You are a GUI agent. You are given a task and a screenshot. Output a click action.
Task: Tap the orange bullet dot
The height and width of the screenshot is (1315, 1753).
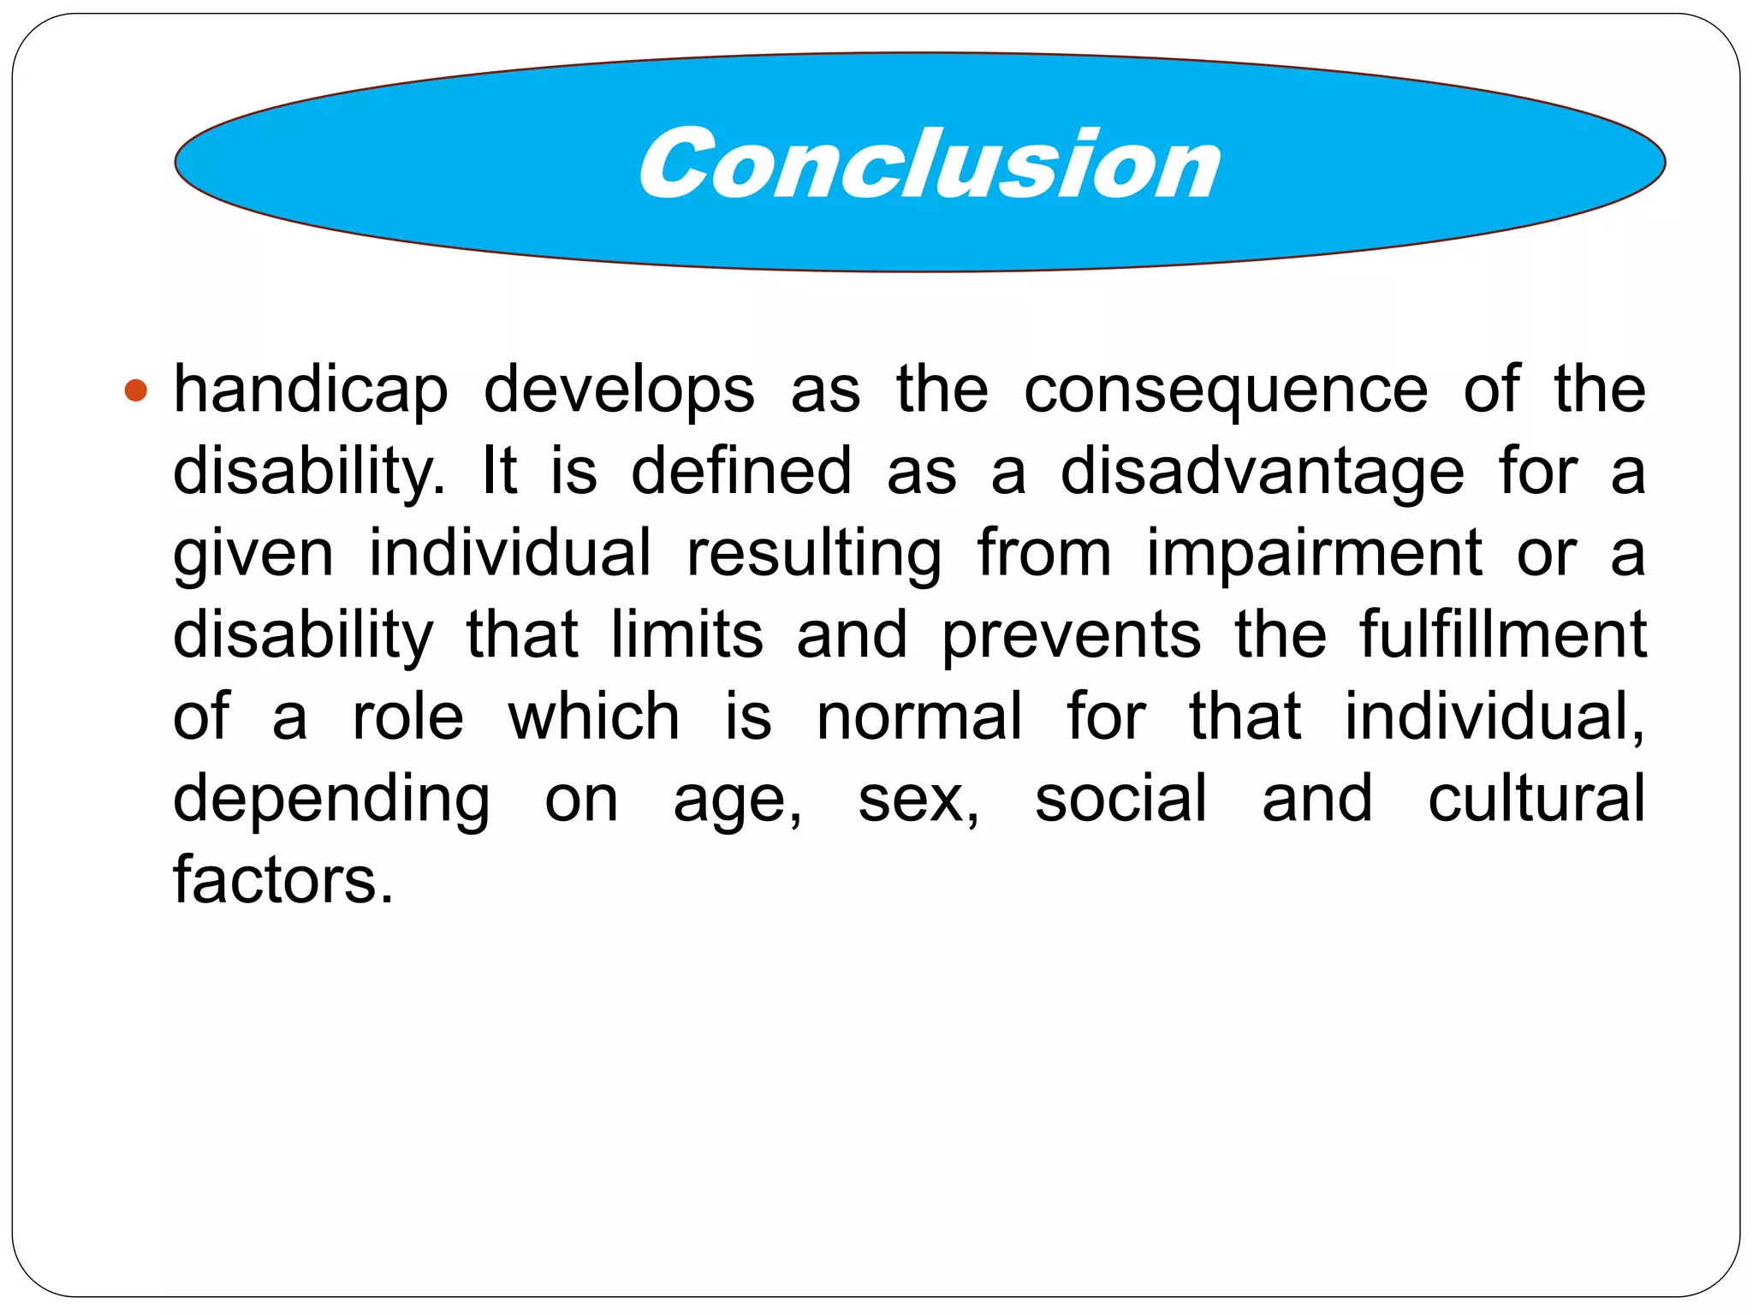pos(136,391)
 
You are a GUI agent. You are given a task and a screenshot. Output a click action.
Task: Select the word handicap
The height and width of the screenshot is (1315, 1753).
pos(311,390)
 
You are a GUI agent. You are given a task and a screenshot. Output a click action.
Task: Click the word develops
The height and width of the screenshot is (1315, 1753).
pos(619,390)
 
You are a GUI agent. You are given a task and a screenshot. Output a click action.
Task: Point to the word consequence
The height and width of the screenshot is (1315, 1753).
pos(1226,390)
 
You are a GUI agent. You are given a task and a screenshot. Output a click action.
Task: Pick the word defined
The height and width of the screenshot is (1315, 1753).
pos(741,471)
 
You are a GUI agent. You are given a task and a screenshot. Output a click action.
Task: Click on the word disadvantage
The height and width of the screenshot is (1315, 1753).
pos(1262,473)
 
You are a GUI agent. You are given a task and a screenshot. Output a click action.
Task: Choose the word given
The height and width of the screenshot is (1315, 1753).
pos(253,554)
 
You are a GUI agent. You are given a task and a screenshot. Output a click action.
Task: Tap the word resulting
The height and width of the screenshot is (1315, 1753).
pos(814,554)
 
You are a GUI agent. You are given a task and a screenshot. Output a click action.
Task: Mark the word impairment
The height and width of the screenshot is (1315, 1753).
pos(1314,554)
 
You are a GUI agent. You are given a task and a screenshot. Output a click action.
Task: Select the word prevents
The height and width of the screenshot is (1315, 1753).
pos(1072,636)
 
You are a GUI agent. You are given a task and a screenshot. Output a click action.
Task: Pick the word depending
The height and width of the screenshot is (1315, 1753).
pos(332,799)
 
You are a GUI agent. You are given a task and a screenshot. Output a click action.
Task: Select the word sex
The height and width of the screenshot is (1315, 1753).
pos(918,800)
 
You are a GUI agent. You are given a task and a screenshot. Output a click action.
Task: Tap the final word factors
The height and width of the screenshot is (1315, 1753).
pos(283,879)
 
